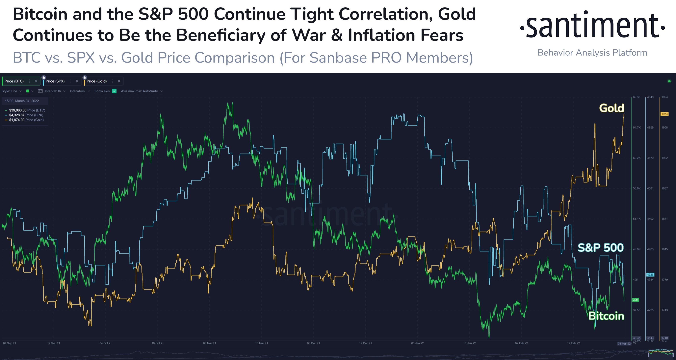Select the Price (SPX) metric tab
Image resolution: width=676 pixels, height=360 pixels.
tap(55, 81)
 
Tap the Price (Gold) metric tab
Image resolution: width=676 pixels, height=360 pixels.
tap(97, 81)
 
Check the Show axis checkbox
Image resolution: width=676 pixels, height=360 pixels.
tap(114, 91)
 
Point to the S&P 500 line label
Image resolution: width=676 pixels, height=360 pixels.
tap(600, 248)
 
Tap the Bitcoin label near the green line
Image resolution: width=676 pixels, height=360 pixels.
tap(606, 316)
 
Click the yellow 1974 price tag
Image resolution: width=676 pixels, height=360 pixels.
tap(664, 114)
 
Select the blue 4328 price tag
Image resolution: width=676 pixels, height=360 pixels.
tap(650, 275)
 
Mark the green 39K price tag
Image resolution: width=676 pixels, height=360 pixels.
tap(635, 300)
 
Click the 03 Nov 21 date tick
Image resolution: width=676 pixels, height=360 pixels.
tap(209, 343)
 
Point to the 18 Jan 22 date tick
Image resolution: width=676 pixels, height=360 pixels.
tap(469, 343)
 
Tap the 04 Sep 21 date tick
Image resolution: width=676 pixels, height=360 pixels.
tap(10, 343)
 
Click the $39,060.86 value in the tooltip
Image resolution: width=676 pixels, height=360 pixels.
tap(18, 110)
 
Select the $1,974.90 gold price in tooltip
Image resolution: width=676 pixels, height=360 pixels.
tap(17, 120)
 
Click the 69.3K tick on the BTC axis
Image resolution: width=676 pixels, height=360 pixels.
tap(637, 97)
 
